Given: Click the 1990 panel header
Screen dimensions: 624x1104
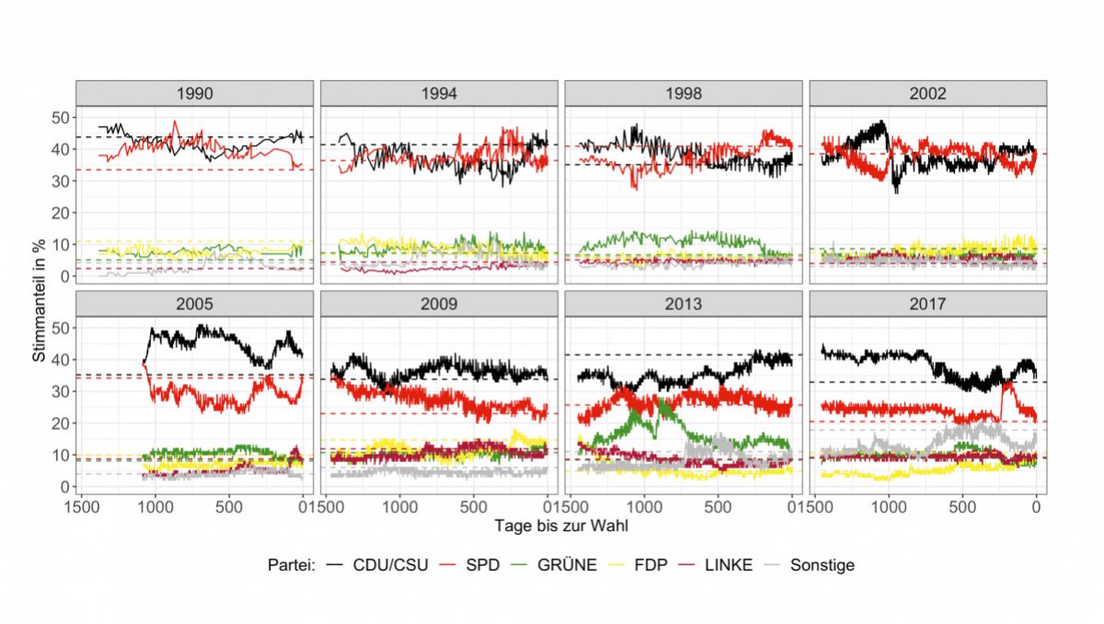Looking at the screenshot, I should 194,93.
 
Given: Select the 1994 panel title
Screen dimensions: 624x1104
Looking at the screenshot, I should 438,93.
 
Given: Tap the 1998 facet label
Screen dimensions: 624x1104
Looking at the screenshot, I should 683,93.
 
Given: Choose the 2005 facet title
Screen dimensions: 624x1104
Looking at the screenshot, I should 194,304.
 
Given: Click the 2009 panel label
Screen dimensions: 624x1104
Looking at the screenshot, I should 438,304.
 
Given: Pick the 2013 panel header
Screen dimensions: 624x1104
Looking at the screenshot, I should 683,304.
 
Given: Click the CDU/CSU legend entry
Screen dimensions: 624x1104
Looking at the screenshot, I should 390,565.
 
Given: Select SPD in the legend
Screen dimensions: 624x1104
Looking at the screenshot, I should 483,565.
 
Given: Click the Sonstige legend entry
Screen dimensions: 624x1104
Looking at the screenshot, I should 823,565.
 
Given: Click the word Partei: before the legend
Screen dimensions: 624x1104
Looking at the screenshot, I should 292,565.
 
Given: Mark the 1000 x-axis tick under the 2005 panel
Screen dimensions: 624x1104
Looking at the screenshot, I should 155,506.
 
